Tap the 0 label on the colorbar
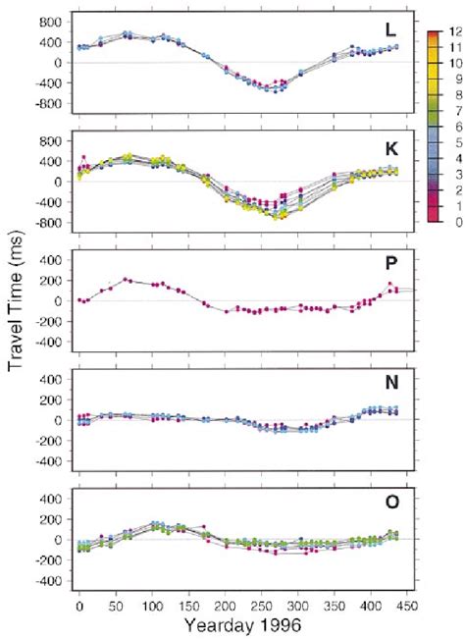(455, 222)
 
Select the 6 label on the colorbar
(455, 128)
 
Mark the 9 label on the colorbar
(455, 80)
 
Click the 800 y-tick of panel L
(56, 21)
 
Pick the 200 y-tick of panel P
(56, 280)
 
